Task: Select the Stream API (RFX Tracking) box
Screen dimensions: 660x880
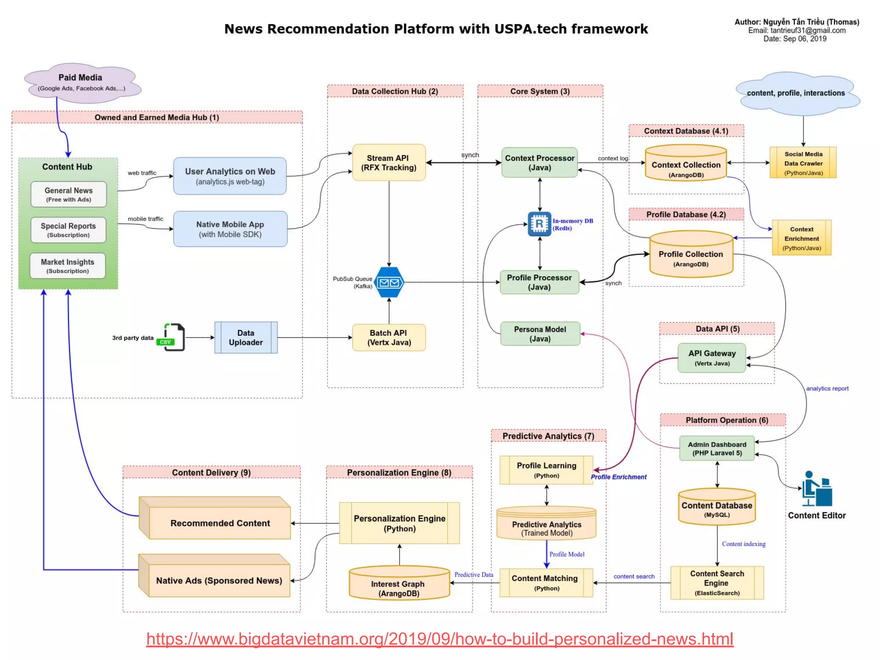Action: click(x=389, y=163)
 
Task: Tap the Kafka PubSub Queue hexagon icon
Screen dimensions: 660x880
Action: click(x=389, y=282)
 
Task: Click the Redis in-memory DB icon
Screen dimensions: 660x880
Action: click(x=539, y=224)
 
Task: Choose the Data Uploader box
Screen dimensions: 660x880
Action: click(x=246, y=338)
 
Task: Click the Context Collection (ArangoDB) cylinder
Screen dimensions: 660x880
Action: click(x=686, y=164)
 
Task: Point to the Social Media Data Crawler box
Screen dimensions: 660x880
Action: click(x=803, y=163)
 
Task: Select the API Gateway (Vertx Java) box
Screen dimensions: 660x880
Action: click(x=712, y=358)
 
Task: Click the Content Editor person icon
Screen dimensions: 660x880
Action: click(x=816, y=489)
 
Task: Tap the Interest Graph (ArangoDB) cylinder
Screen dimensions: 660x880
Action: click(x=399, y=584)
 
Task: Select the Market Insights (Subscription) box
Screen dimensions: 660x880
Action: click(x=67, y=266)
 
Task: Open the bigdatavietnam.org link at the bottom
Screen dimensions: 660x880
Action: click(x=439, y=639)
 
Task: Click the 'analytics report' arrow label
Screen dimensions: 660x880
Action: click(x=827, y=388)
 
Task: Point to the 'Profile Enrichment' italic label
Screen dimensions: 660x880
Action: click(x=618, y=477)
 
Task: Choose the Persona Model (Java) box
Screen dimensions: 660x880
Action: click(x=540, y=334)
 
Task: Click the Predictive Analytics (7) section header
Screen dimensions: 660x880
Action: click(x=548, y=436)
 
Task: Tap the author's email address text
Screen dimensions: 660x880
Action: click(x=797, y=31)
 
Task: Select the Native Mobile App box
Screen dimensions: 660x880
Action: click(x=230, y=229)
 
